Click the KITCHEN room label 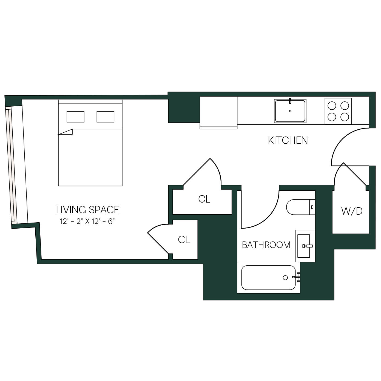coord(288,141)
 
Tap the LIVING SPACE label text coord(88,210)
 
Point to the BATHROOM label coord(266,245)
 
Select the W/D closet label coord(352,211)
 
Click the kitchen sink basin coord(290,111)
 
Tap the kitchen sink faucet coord(290,101)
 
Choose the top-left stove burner coord(332,106)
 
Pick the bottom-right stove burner coord(345,117)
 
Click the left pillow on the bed coord(76,117)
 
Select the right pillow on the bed coord(105,117)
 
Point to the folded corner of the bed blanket coord(66,132)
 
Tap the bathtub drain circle coord(285,278)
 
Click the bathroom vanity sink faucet coord(306,246)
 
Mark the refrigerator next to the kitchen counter coord(218,113)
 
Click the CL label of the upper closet coord(204,199)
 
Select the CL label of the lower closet coord(184,240)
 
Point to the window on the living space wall coord(11,165)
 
